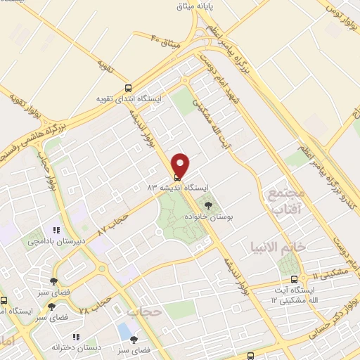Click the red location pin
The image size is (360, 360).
tap(181, 164)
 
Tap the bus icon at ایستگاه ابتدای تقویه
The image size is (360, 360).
tap(128, 89)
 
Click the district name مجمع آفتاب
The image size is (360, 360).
tap(285, 200)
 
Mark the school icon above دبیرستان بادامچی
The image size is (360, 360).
tap(53, 230)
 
